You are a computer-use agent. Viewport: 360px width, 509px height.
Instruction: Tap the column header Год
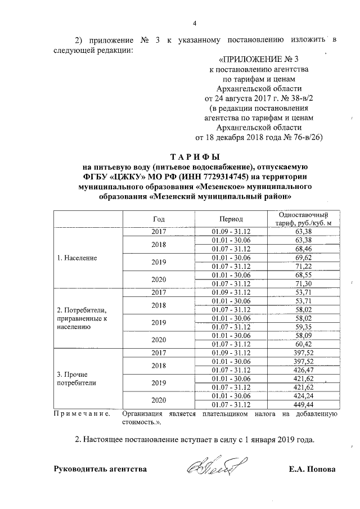(159, 218)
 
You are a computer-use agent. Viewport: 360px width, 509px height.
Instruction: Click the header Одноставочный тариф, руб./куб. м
(307, 218)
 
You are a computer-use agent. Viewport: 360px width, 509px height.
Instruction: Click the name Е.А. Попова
(312, 469)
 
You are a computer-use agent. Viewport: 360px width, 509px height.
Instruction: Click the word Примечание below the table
(80, 414)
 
